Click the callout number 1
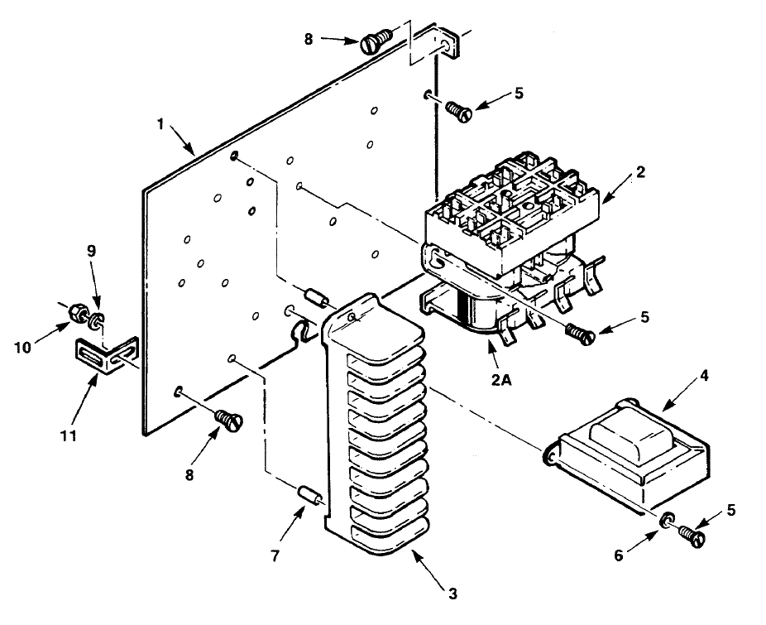(x=160, y=124)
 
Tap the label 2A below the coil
(x=501, y=380)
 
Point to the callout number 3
(x=452, y=594)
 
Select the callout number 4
(x=704, y=376)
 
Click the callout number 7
(x=275, y=556)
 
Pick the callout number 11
(x=69, y=435)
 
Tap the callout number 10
(x=23, y=347)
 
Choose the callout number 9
(x=92, y=251)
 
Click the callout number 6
(x=619, y=555)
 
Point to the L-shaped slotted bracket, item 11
(x=107, y=355)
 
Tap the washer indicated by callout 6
(x=668, y=520)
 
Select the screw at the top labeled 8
(x=376, y=41)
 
